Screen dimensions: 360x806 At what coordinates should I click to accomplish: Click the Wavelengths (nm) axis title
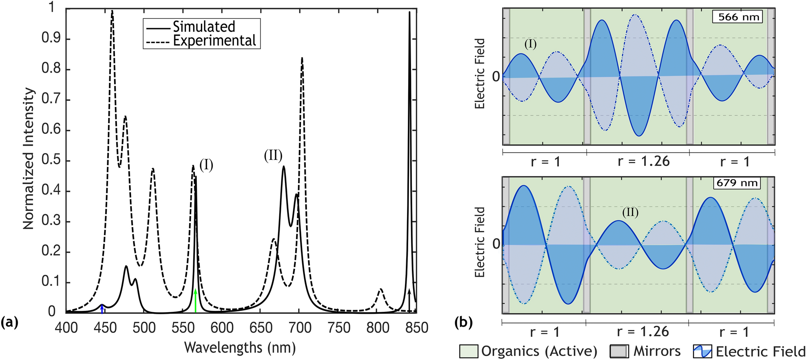(240, 347)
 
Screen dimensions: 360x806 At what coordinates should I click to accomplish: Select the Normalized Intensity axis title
(28, 159)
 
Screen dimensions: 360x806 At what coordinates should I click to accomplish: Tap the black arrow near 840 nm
(409, 300)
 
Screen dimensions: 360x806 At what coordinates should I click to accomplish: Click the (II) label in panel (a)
(273, 155)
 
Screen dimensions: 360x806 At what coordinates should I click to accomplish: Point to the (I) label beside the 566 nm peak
(206, 165)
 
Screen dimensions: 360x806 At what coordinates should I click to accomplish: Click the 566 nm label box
(737, 17)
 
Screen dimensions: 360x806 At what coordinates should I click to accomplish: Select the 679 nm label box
(737, 183)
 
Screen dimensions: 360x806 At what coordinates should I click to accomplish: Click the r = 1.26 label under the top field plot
(644, 161)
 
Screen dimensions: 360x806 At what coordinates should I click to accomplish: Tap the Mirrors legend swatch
(619, 351)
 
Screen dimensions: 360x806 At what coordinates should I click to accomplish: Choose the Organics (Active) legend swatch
(469, 351)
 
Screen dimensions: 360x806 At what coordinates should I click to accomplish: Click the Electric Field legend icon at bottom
(702, 351)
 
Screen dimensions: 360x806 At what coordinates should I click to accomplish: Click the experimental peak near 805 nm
(380, 290)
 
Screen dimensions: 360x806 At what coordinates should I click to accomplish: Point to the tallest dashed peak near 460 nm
(112, 12)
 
